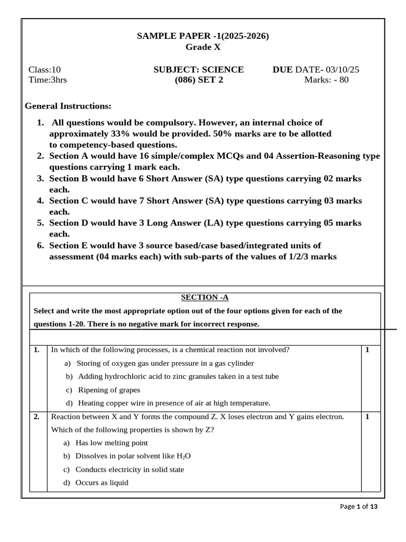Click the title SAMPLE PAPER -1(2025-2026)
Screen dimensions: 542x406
[x=203, y=36]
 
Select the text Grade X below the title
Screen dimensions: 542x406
[x=203, y=47]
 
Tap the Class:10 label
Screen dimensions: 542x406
[x=44, y=70]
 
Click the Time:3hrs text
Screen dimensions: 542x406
[x=47, y=80]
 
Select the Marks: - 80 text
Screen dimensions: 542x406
[x=326, y=80]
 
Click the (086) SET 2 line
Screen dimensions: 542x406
[x=199, y=80]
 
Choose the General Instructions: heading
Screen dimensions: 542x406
[x=68, y=106]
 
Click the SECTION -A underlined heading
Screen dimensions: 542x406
[x=205, y=297]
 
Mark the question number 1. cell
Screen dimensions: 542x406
[x=37, y=350]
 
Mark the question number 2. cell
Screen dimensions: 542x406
[x=37, y=417]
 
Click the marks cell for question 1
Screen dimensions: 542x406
[x=367, y=350]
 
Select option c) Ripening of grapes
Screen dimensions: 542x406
[x=101, y=390]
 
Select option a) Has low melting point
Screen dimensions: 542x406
[x=106, y=443]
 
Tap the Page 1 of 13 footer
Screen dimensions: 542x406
[x=358, y=507]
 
